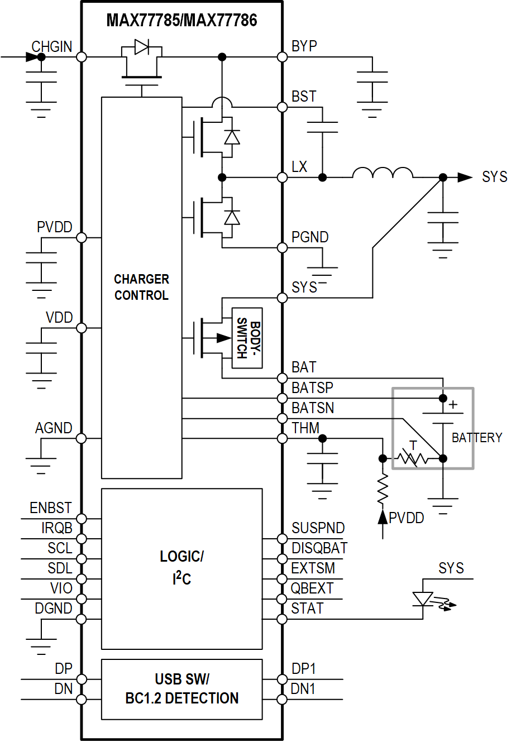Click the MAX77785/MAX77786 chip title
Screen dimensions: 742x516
click(181, 21)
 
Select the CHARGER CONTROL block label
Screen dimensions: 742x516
click(141, 287)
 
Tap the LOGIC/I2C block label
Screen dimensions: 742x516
click(181, 567)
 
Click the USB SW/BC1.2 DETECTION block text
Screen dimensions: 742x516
click(181, 689)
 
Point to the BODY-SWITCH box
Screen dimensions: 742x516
click(247, 338)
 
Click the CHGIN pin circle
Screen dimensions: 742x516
click(82, 57)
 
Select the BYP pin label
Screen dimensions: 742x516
click(304, 46)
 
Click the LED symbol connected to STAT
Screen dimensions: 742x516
click(423, 600)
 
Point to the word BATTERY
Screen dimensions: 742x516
click(477, 438)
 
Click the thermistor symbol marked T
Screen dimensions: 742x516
click(413, 458)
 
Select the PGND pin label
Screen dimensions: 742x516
click(310, 237)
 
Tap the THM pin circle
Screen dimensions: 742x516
click(283, 438)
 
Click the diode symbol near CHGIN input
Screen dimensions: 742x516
click(142, 47)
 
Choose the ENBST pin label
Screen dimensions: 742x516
click(51, 508)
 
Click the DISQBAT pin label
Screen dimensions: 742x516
click(319, 548)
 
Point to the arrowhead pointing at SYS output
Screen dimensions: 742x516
click(465, 178)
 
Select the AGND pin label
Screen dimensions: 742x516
click(54, 428)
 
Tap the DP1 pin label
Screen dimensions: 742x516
click(304, 669)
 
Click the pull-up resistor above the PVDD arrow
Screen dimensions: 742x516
click(383, 490)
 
